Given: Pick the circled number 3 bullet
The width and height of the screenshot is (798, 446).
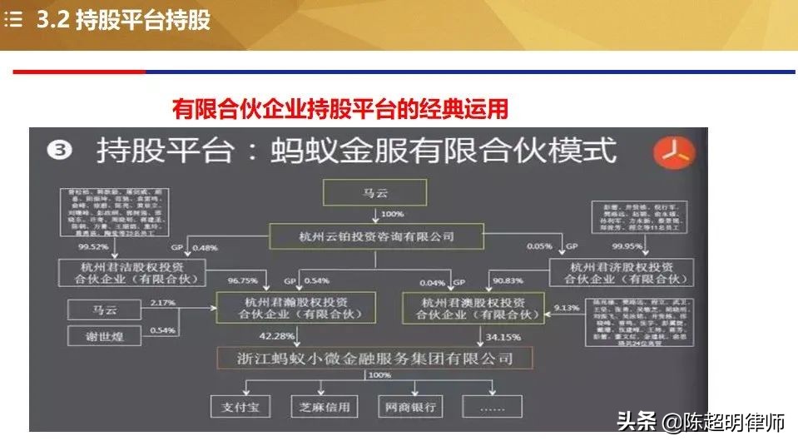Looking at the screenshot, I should (x=62, y=151).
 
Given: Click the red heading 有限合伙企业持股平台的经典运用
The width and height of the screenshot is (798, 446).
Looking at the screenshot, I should (x=340, y=108).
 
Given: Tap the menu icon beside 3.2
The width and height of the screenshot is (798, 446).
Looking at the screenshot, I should (x=14, y=21).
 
